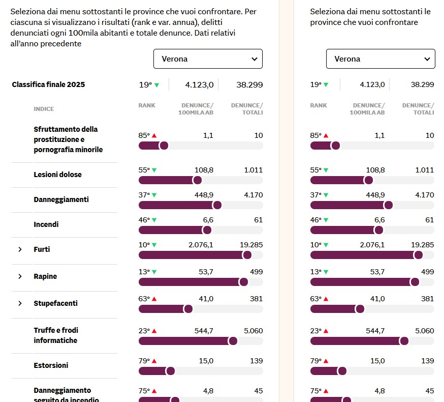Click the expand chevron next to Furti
[x=20, y=249]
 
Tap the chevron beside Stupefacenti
[x=20, y=303]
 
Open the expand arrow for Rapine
[x=20, y=276]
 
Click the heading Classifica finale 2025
[x=48, y=84]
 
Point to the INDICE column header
[x=44, y=109]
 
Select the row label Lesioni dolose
[x=57, y=175]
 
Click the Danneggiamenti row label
[x=61, y=199]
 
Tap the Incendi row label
[x=46, y=224]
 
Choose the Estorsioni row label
[x=51, y=365]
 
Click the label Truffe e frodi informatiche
[x=55, y=335]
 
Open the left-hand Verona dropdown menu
[x=208, y=59]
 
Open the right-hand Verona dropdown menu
[x=380, y=59]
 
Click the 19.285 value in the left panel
[x=251, y=245]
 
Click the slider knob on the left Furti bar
[x=247, y=255]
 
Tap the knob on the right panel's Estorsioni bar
[x=342, y=371]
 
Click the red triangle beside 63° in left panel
[x=154, y=299]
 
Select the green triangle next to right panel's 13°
[x=326, y=272]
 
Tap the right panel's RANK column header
[x=319, y=105]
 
